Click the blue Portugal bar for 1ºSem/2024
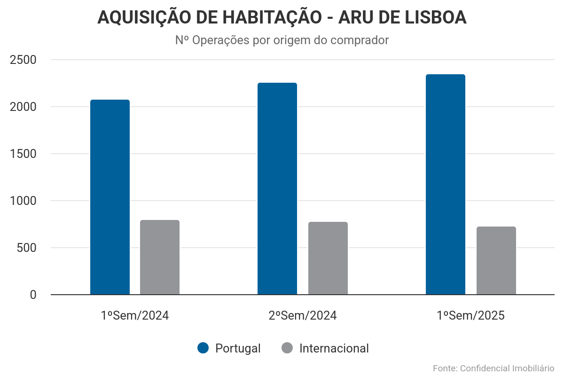point(110,197)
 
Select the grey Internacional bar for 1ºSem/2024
point(160,258)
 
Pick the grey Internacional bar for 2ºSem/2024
point(328,258)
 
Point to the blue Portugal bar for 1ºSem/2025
point(446,185)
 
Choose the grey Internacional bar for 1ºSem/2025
point(496,261)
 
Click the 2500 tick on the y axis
point(23,60)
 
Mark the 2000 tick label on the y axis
point(23,107)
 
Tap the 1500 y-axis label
point(23,154)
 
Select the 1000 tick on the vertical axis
point(23,201)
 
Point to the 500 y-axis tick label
point(27,248)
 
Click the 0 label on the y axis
point(33,295)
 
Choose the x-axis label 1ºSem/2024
point(134,315)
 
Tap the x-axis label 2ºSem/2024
point(303,315)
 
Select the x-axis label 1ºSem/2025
point(470,315)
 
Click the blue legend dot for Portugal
point(203,348)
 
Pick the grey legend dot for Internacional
point(287,348)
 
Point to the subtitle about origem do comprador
point(282,40)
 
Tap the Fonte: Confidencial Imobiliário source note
point(493,368)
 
